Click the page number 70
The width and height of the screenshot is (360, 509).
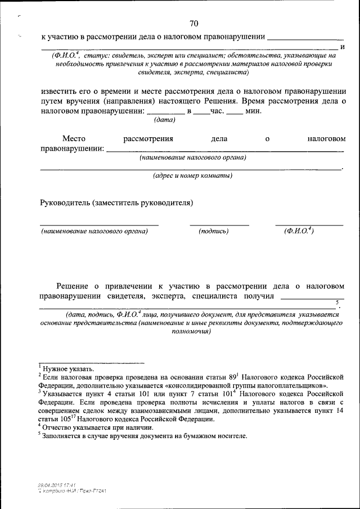pyautogui.click(x=194, y=23)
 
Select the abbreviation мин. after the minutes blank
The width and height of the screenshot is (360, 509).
pyautogui.click(x=254, y=111)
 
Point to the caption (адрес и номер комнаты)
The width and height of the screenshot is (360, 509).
pyautogui.click(x=193, y=175)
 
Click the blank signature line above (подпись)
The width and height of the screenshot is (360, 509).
pyautogui.click(x=219, y=225)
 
